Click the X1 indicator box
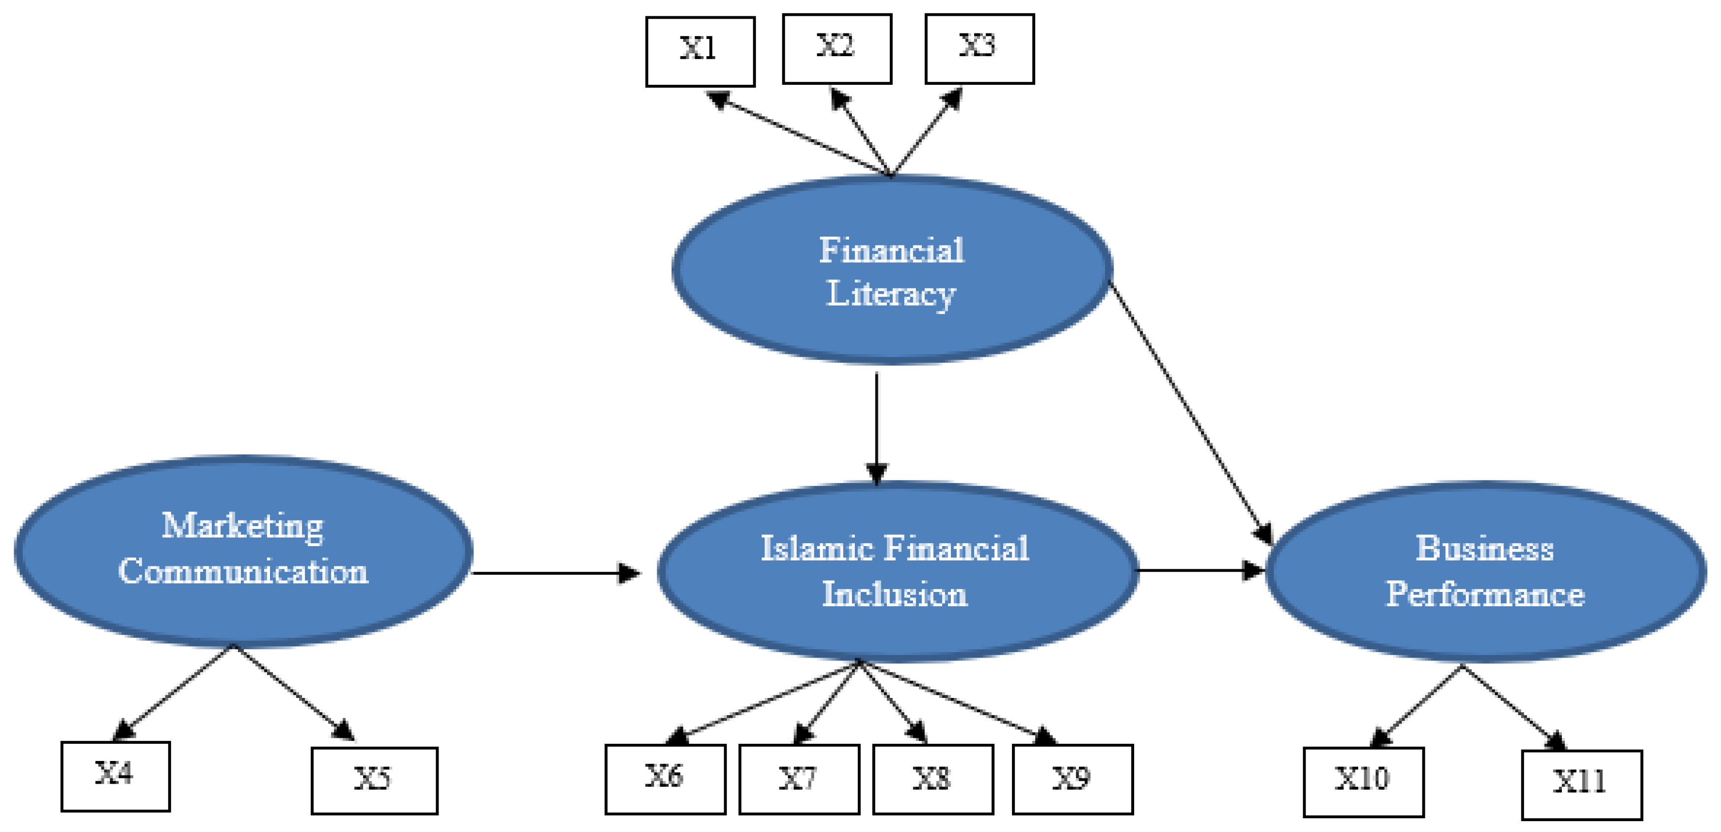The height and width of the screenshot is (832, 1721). click(x=700, y=51)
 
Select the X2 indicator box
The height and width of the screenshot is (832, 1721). click(x=837, y=49)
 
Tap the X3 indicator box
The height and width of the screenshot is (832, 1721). click(x=979, y=49)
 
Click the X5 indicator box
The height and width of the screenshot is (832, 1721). click(x=374, y=780)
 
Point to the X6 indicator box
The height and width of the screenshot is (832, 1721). click(x=665, y=779)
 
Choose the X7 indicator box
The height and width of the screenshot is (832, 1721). click(x=799, y=779)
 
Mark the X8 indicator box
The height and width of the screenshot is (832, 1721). click(x=933, y=779)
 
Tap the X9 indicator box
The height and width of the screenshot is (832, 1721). click(x=1072, y=779)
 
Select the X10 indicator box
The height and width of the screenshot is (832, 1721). click(x=1363, y=781)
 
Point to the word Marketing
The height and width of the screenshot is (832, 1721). click(x=242, y=526)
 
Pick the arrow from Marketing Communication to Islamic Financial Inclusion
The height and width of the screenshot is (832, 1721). click(x=554, y=573)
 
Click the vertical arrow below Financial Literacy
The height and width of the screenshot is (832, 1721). click(x=877, y=428)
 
